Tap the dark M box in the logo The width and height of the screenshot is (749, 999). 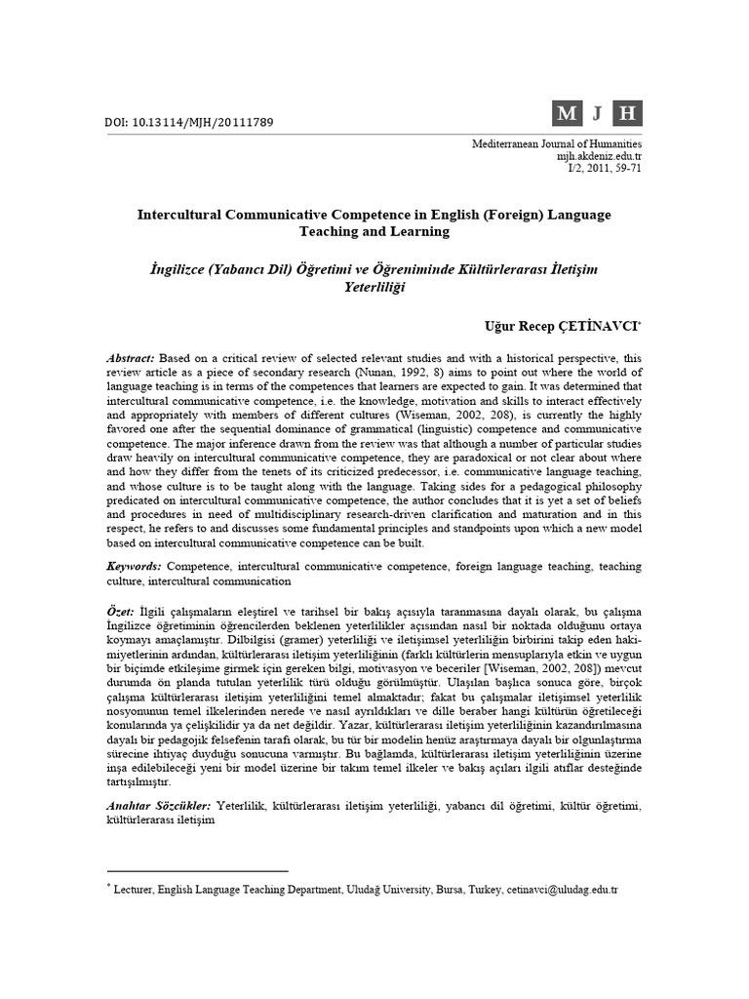[x=566, y=114]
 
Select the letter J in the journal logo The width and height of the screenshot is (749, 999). [x=597, y=114]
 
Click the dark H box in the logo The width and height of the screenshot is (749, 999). [x=627, y=114]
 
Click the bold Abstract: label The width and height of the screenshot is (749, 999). [x=130, y=358]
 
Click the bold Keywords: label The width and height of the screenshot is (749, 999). [x=135, y=566]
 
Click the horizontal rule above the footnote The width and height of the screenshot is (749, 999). [x=196, y=870]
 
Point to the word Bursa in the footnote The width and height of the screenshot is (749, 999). [x=450, y=891]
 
